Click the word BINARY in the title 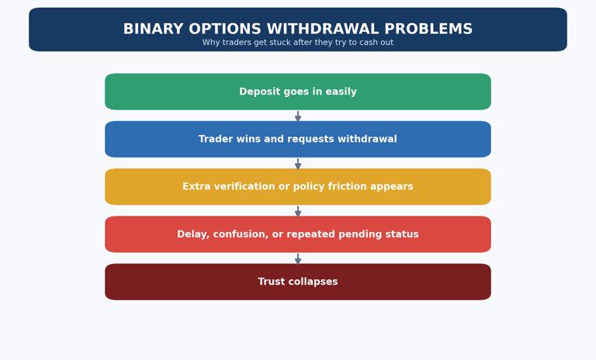click(x=154, y=29)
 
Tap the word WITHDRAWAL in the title click(x=323, y=29)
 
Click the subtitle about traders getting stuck click(x=298, y=43)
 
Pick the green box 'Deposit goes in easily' click(x=298, y=92)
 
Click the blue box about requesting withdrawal click(x=298, y=139)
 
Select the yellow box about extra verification click(x=298, y=187)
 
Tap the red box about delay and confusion click(x=298, y=234)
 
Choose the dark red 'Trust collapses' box click(x=298, y=282)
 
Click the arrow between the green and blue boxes click(x=298, y=116)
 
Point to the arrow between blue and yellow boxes click(x=298, y=164)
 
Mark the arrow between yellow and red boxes click(x=298, y=211)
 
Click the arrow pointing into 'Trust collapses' click(x=298, y=258)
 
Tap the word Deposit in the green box click(x=257, y=92)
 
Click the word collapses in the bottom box click(x=314, y=282)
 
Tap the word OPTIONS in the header click(x=225, y=29)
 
